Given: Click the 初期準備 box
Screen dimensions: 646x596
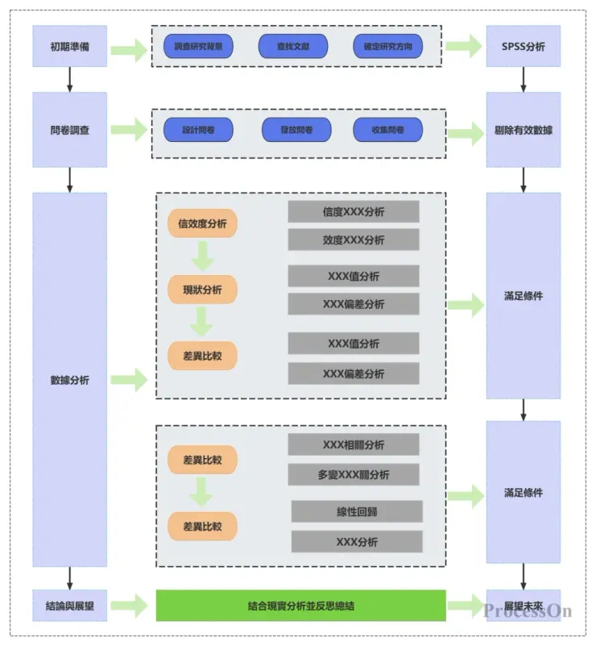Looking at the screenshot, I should pyautogui.click(x=69, y=47).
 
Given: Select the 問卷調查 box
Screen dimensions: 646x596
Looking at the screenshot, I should pyautogui.click(x=69, y=129).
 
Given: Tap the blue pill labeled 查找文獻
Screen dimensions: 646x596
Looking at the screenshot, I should pyautogui.click(x=293, y=47).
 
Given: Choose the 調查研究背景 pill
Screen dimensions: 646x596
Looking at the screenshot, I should pyautogui.click(x=198, y=47).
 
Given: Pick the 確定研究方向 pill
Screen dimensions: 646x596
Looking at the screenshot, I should pyautogui.click(x=387, y=47).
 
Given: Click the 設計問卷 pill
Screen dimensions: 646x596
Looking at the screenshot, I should pyautogui.click(x=198, y=130).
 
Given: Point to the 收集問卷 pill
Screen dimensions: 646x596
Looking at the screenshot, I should pyautogui.click(x=387, y=130).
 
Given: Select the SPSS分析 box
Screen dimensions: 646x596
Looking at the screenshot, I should pyautogui.click(x=523, y=47).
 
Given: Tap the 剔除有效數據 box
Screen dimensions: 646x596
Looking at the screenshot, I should pyautogui.click(x=523, y=130).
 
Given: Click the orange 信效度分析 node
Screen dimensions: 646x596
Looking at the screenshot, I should pyautogui.click(x=202, y=223).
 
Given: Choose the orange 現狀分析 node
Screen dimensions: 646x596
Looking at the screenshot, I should pyautogui.click(x=202, y=290).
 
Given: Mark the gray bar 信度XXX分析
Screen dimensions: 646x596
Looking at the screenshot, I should pyautogui.click(x=354, y=212).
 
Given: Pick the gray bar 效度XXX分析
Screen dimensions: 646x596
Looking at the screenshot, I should pyautogui.click(x=354, y=240).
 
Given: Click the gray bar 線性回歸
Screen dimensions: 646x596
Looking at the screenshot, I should pyautogui.click(x=357, y=511).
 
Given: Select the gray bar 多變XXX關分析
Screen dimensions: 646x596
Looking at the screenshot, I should pyautogui.click(x=354, y=474).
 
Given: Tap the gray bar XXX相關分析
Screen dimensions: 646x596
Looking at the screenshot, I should pyautogui.click(x=354, y=444).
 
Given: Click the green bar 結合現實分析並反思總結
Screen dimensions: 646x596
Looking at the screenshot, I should pyautogui.click(x=300, y=606).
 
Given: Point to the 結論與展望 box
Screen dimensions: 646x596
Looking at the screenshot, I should pyautogui.click(x=69, y=606).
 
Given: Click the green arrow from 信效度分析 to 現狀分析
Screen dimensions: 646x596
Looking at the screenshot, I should pyautogui.click(x=202, y=256).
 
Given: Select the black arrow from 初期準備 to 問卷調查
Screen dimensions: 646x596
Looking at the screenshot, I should pyautogui.click(x=70, y=79).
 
